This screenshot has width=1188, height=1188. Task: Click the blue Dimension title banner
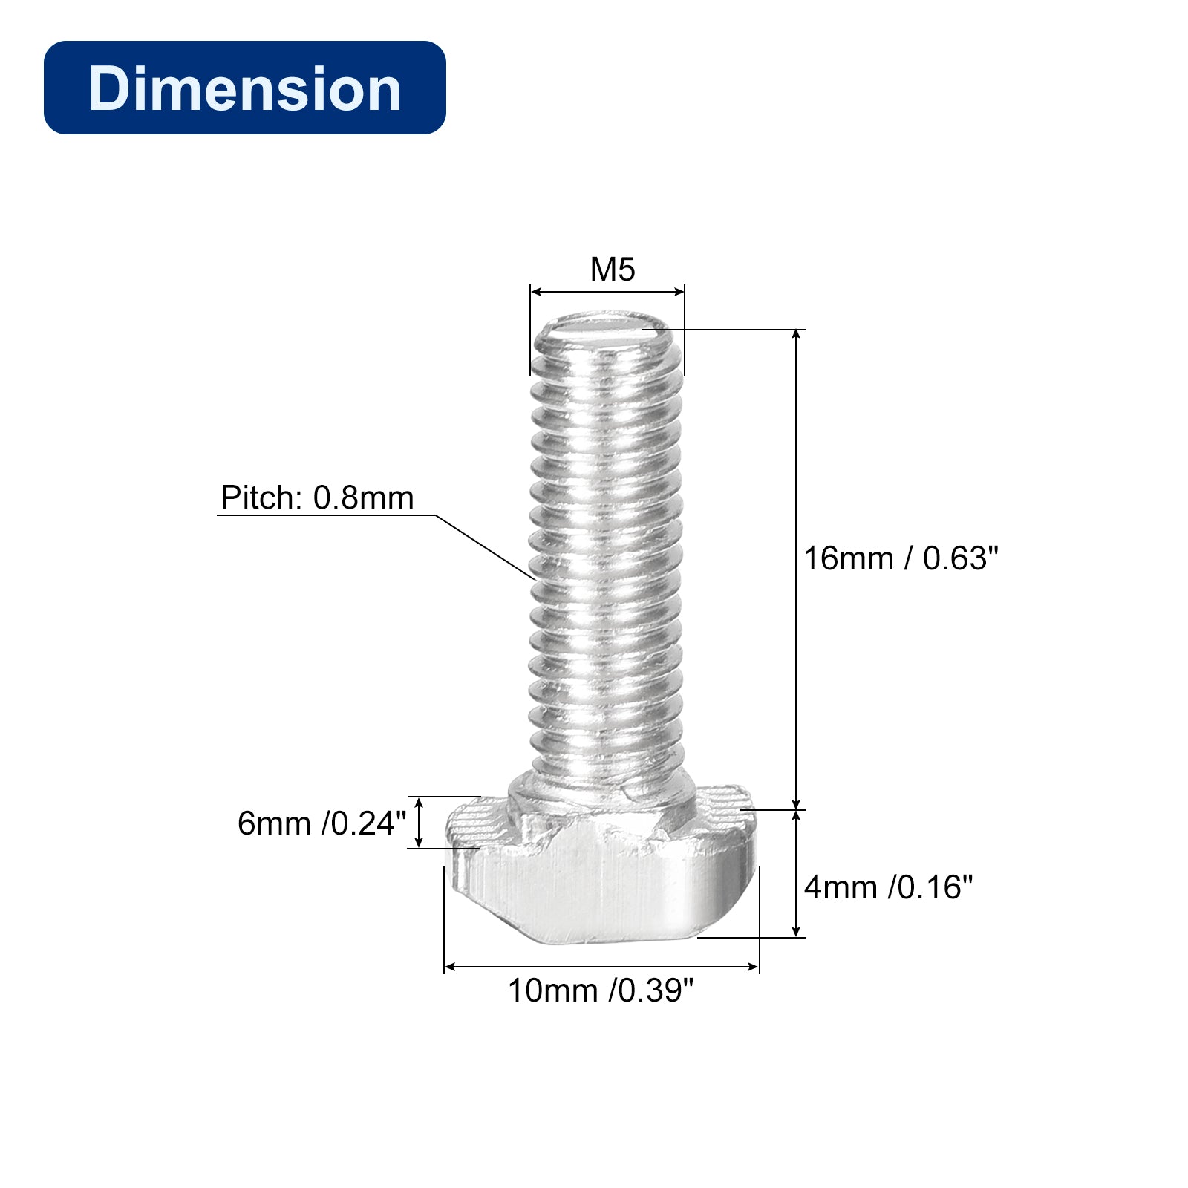pos(245,88)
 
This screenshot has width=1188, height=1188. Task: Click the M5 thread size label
pos(613,270)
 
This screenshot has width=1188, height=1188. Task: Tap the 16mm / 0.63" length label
pos(901,558)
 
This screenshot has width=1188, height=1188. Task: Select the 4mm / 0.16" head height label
pos(888,887)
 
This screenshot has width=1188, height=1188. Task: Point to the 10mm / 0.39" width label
pos(601,990)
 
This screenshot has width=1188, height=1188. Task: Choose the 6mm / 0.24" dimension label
pos(322,823)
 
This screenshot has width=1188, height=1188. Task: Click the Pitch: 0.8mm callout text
pos(317,497)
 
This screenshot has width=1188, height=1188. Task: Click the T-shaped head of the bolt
pos(601,865)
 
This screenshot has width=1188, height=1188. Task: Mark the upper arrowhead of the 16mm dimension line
pos(797,335)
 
